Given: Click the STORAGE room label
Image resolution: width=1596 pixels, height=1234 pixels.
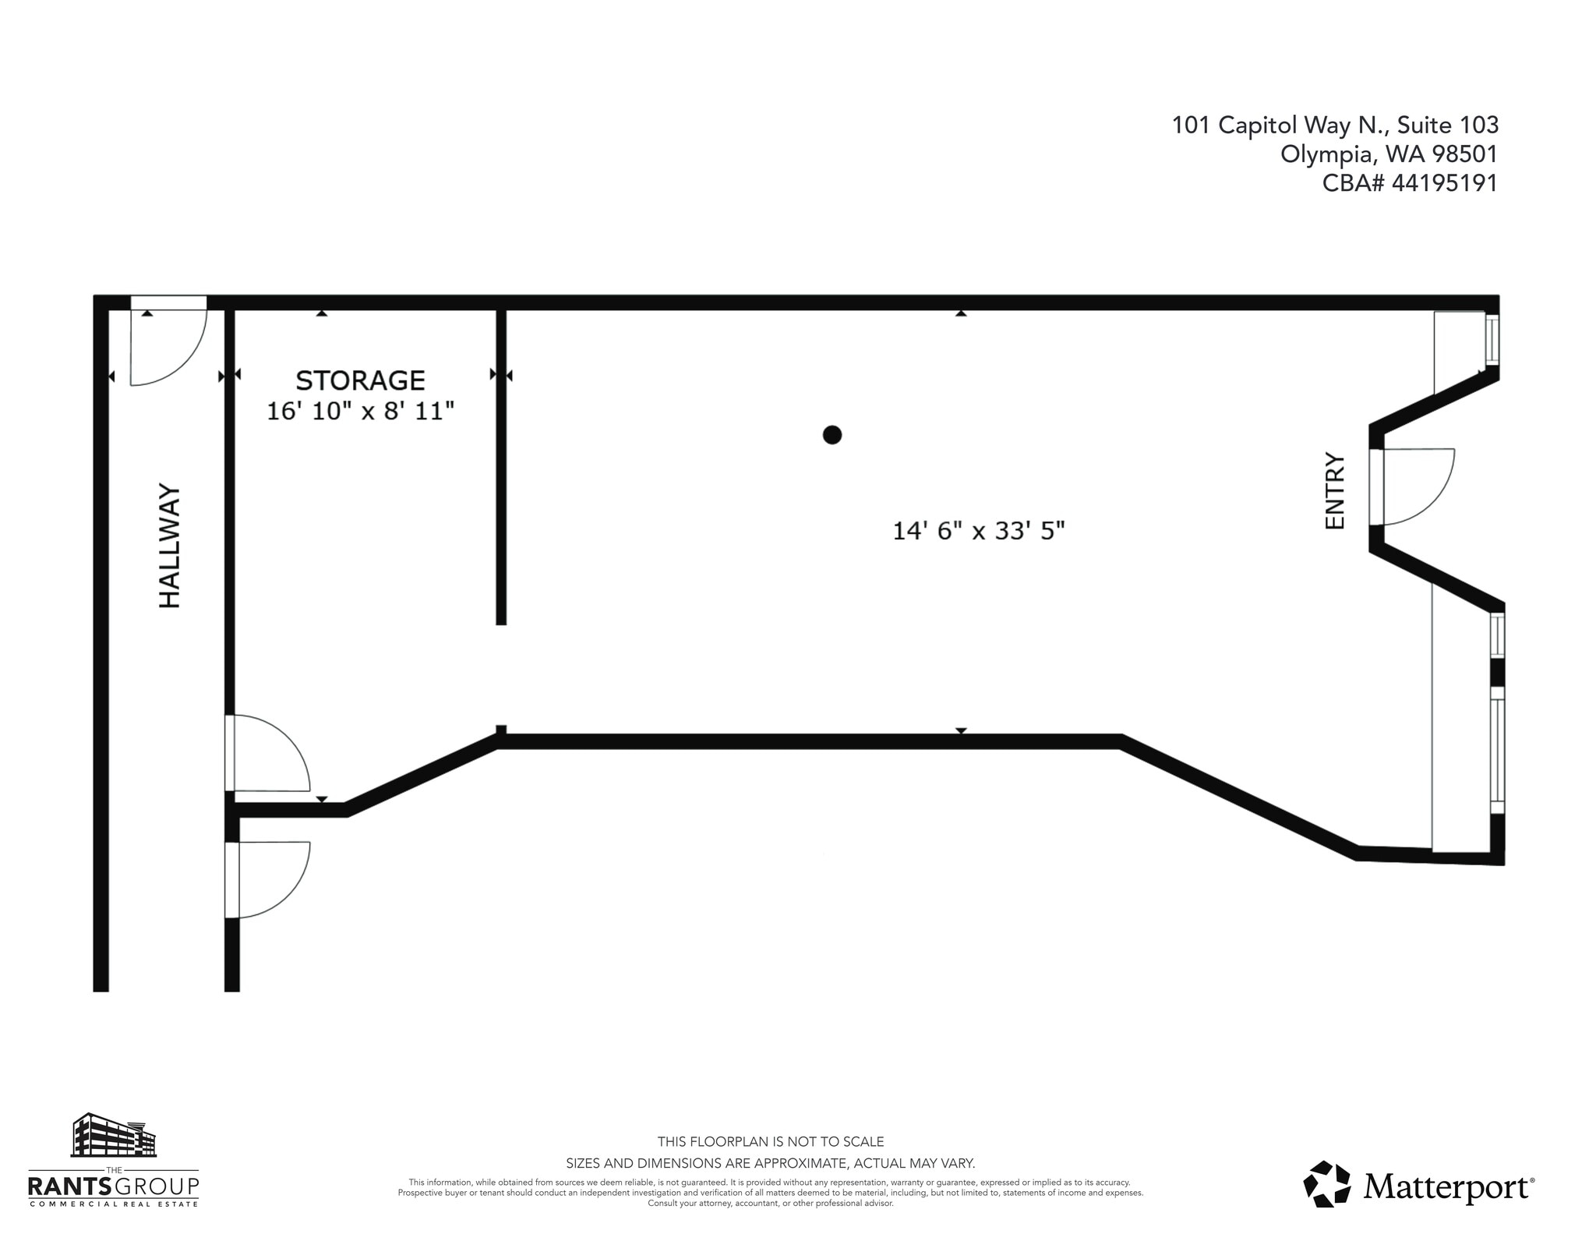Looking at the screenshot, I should click(360, 380).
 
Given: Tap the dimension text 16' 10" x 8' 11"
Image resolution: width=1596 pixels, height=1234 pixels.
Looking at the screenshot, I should click(360, 411).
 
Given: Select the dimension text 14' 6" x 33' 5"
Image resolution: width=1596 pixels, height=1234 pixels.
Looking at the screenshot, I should click(978, 531).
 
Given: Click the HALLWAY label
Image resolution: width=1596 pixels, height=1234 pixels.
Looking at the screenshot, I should click(170, 546).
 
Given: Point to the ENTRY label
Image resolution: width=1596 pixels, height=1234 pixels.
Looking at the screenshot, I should click(1335, 491).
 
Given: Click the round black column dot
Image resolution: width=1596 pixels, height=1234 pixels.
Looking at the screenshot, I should click(832, 435).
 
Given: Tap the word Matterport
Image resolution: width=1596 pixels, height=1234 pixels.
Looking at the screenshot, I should click(1446, 1186).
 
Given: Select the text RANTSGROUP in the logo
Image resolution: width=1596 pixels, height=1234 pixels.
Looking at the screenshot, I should click(114, 1186).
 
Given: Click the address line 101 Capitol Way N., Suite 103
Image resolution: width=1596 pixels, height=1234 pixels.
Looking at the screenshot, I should click(1335, 125).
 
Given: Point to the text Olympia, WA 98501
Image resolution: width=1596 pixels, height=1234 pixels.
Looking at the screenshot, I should click(1389, 154).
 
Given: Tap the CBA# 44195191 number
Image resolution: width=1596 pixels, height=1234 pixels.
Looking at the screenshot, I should click(1410, 183).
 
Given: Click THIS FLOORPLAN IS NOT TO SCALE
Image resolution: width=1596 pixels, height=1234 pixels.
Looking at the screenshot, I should click(770, 1142).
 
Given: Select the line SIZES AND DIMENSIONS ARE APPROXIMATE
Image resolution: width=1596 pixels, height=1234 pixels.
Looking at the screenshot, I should click(770, 1164).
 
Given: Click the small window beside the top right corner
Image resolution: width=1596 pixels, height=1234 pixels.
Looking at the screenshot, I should click(1492, 339).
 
